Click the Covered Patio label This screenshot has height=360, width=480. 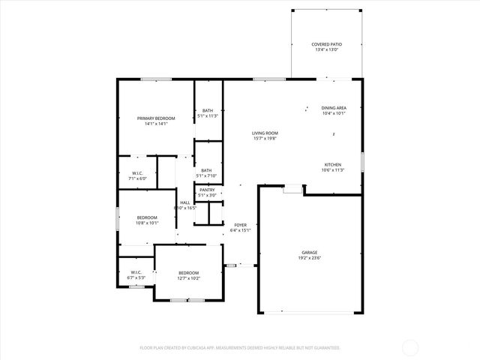326,44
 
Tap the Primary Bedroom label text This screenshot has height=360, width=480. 156,118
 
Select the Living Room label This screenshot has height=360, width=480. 265,133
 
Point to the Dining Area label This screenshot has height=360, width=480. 333,108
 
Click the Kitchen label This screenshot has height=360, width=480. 333,165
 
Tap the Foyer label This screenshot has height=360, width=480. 241,225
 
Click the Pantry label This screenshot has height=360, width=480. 207,190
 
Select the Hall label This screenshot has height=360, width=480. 184,202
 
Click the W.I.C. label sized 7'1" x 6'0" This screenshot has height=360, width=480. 137,174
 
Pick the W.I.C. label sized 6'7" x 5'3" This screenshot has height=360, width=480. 136,272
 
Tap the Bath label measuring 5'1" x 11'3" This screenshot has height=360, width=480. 207,111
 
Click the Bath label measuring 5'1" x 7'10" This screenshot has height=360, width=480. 206,170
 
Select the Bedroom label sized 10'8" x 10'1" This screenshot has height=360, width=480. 147,217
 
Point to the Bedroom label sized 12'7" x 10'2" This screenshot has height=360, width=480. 188,272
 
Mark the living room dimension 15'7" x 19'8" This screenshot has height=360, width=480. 265,138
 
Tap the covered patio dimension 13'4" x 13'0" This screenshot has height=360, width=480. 326,49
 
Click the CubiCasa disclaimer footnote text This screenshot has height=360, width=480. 240,348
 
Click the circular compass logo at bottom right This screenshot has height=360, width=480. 411,347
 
